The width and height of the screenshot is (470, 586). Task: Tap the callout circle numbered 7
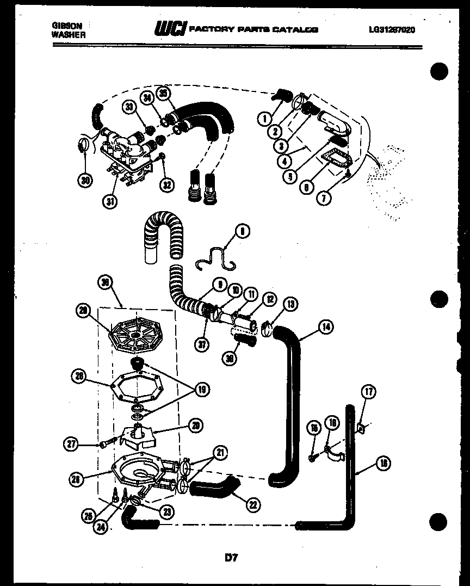coord(323,198)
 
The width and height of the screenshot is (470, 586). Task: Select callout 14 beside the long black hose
coord(325,327)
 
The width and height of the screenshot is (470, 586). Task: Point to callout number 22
coord(252,504)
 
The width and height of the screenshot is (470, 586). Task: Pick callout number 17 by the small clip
coord(368,391)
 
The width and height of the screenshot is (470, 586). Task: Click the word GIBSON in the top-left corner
coord(63,26)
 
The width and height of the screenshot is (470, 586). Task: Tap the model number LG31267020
coord(392,30)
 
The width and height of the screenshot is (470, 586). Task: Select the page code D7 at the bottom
coord(231,557)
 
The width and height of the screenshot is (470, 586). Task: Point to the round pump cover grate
coord(135,337)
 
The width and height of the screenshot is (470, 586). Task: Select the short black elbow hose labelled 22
coord(214,488)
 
